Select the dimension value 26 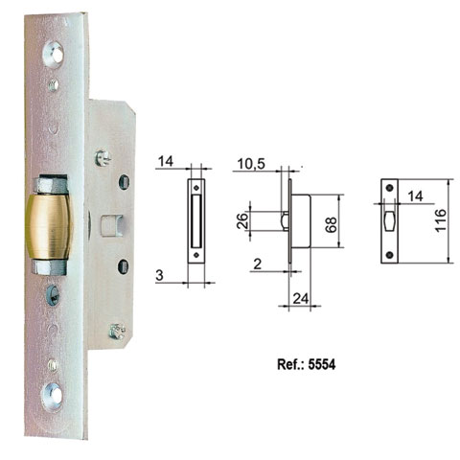(241, 219)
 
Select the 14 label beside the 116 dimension (413, 195)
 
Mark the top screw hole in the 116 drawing (390, 190)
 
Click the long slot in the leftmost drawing (196, 219)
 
